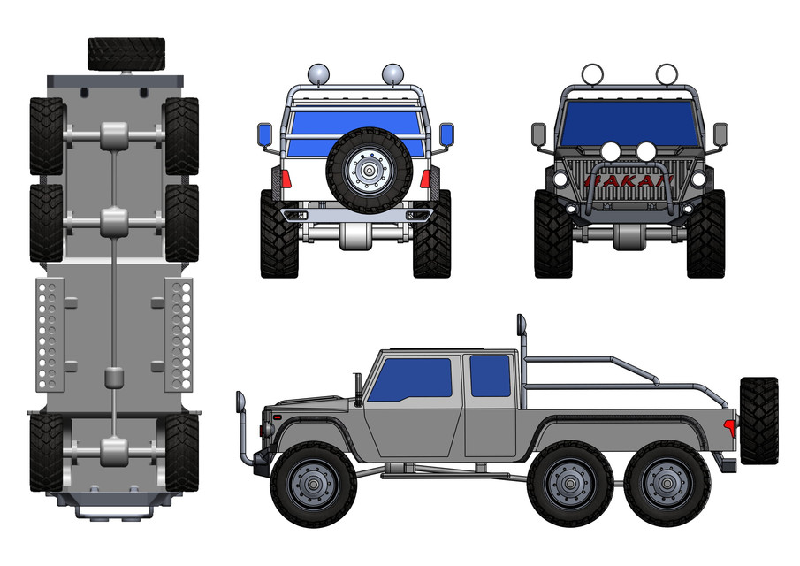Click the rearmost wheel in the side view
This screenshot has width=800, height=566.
click(x=663, y=484)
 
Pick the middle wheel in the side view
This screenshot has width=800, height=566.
click(x=565, y=484)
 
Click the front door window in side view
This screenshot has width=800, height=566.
click(x=409, y=379)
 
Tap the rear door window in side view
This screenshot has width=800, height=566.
click(x=490, y=375)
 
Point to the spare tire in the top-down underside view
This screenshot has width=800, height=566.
click(x=126, y=53)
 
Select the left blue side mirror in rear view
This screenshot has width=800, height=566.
click(x=264, y=135)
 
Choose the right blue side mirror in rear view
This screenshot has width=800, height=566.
click(x=446, y=135)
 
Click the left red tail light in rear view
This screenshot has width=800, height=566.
click(x=286, y=180)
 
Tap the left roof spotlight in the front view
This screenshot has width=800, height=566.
click(x=591, y=74)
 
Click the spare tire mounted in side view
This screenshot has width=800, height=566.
click(x=758, y=421)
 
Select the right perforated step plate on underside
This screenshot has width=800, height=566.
click(x=180, y=335)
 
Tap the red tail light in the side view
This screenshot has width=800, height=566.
click(x=731, y=427)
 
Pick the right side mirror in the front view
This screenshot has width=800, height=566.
click(x=720, y=134)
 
